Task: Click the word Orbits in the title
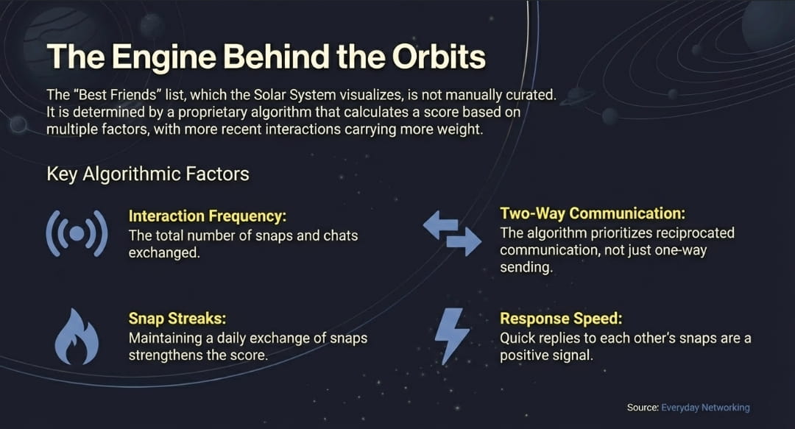439,56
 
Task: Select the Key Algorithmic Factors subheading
148,174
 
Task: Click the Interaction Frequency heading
208,216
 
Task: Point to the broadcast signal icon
77,234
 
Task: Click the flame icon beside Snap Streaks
77,337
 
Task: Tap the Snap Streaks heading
177,319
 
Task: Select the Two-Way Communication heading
593,213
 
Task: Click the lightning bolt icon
452,336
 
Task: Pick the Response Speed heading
561,319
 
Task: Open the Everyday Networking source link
705,407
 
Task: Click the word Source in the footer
643,407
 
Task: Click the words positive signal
546,355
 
